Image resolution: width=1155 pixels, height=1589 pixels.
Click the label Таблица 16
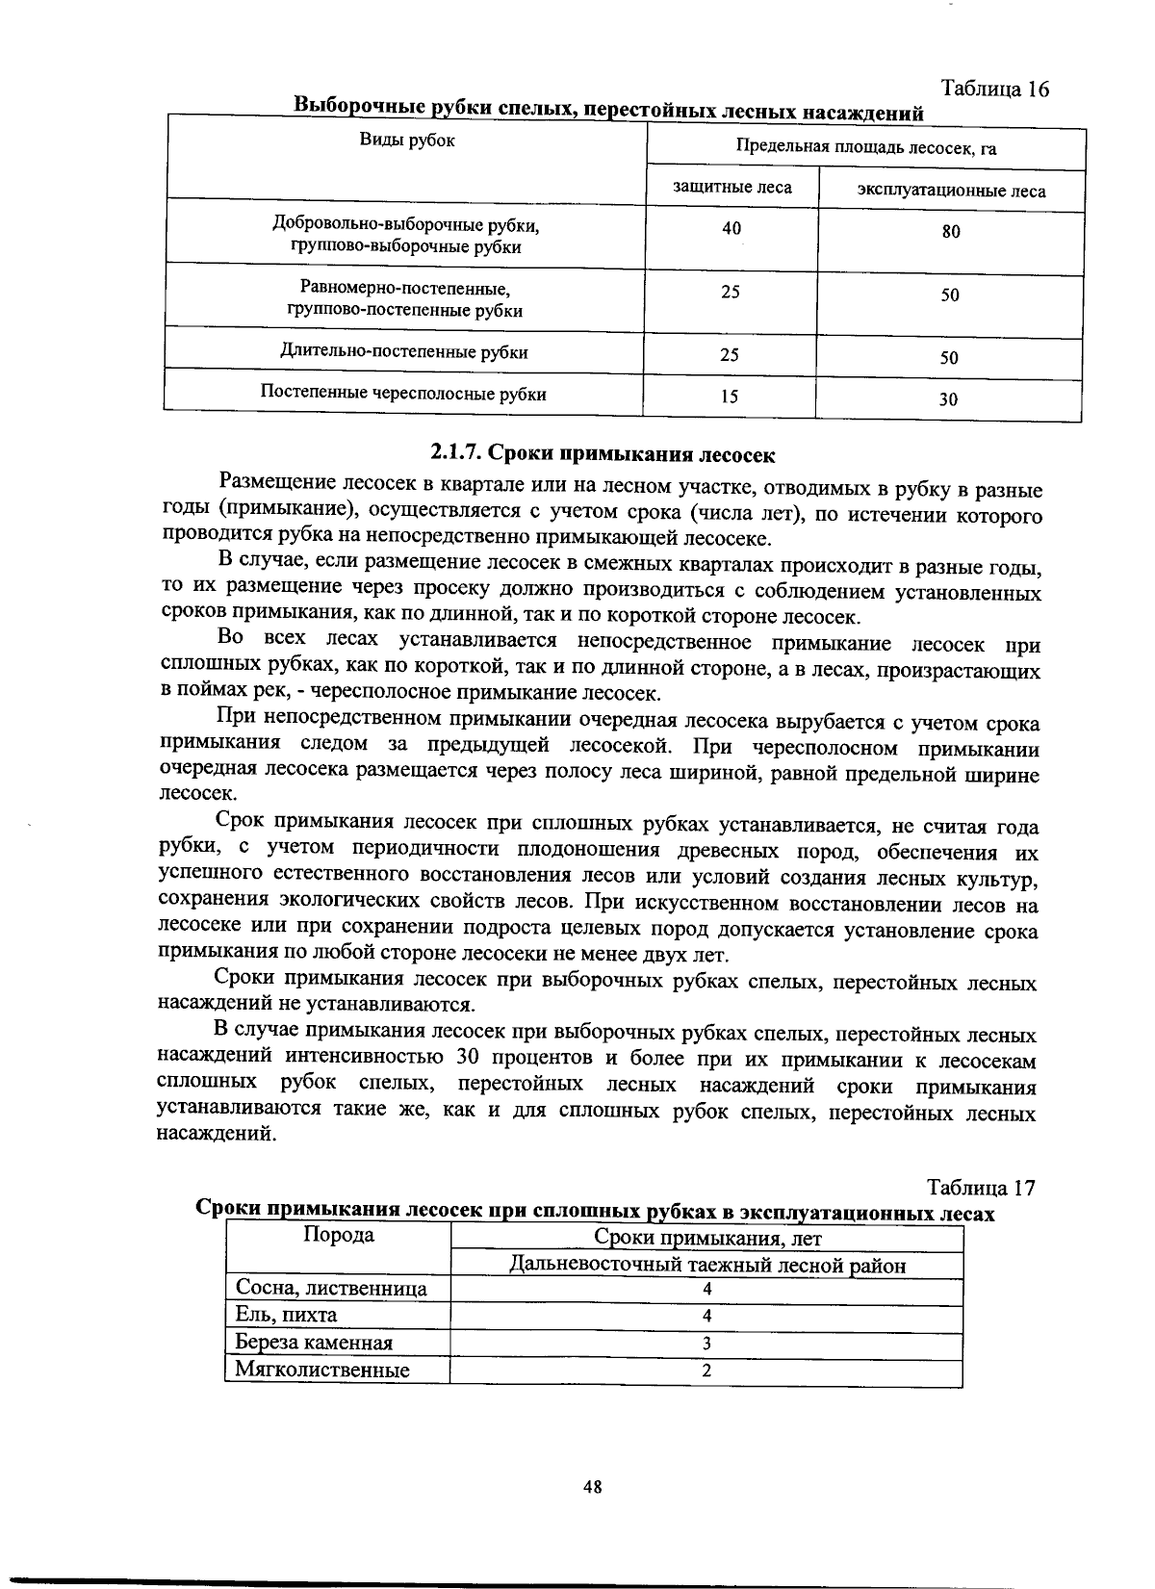point(994,90)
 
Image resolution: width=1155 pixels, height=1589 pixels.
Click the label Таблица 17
point(981,1188)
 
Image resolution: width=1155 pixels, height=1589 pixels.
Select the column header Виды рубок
point(407,141)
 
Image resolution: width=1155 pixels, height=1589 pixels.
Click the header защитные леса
point(732,187)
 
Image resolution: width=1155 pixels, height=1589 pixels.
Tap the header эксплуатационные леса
point(951,191)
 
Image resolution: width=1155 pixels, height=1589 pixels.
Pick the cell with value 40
point(731,228)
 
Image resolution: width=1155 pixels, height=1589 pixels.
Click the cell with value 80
point(951,231)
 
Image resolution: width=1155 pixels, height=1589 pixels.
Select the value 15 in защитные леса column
point(730,396)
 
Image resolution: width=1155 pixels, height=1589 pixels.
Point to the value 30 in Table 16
point(949,398)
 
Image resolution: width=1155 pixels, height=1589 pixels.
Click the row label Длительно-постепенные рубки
point(404,352)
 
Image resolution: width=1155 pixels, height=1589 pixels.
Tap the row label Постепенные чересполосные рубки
point(403,394)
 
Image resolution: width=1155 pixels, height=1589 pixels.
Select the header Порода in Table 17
point(339,1236)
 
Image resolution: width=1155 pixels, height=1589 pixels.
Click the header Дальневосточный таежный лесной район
point(707,1266)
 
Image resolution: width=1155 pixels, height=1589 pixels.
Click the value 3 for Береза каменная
point(706,1344)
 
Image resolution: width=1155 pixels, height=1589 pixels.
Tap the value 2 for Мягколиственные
point(706,1371)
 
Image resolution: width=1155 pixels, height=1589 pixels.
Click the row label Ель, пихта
point(287,1316)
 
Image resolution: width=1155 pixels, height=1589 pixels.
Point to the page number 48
point(592,1486)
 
